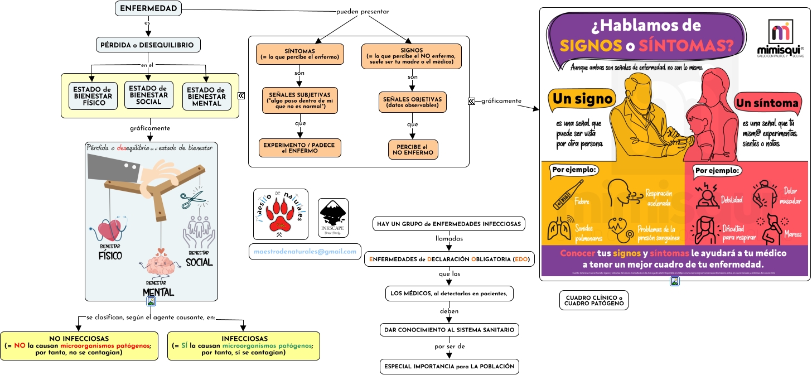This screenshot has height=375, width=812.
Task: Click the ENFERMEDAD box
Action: (148, 8)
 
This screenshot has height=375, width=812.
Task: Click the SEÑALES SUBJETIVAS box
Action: (300, 100)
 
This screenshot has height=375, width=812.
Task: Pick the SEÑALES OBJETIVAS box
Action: (412, 102)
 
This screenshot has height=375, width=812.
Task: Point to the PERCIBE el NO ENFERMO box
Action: (413, 150)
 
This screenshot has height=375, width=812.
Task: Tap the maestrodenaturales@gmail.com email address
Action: (305, 252)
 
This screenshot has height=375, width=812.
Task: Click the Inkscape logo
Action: (333, 217)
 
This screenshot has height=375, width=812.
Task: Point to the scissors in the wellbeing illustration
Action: (192, 199)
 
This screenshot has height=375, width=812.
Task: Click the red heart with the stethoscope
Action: (110, 229)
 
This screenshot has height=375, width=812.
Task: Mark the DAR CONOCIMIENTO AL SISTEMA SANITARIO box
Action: (449, 330)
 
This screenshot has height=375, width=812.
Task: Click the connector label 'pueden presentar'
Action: (362, 12)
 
